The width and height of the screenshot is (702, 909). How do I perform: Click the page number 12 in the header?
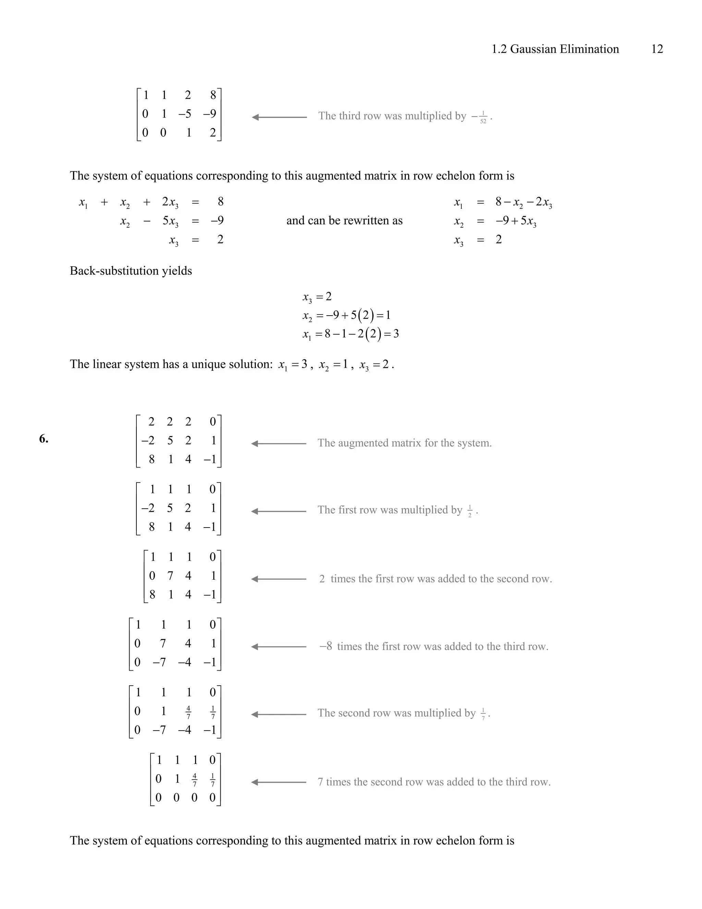click(657, 49)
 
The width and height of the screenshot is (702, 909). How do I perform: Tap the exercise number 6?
click(44, 439)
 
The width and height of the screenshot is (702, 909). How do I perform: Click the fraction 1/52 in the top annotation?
click(483, 117)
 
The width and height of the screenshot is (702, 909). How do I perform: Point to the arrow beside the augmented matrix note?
click(279, 444)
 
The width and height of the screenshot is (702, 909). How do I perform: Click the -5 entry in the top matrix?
click(185, 114)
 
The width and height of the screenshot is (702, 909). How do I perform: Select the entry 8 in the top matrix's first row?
click(213, 95)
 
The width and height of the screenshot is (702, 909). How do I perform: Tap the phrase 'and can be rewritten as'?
click(344, 221)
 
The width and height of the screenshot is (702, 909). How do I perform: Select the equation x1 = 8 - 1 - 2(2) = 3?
click(351, 334)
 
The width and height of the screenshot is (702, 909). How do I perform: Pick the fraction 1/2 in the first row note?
click(470, 511)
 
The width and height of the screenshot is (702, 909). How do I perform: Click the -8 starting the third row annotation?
click(326, 646)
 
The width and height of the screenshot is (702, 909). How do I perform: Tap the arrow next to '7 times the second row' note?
click(279, 782)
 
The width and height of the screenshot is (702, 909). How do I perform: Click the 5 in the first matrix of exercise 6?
click(170, 440)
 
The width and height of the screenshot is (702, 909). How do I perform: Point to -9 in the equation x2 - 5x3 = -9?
click(217, 221)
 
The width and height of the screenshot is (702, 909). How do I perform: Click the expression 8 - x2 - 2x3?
click(524, 202)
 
